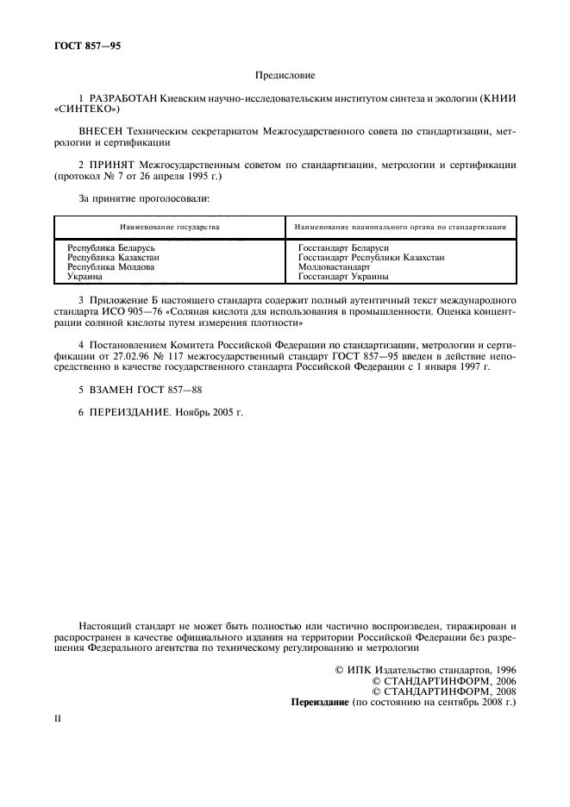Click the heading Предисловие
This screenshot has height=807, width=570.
[x=285, y=76]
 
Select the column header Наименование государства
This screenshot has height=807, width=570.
[x=169, y=227]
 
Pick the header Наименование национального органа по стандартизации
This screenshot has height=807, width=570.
[x=399, y=227]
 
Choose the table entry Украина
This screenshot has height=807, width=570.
[x=85, y=278]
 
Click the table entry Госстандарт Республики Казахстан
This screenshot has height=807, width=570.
[x=371, y=258]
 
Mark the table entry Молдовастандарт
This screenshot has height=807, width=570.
[x=334, y=267]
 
